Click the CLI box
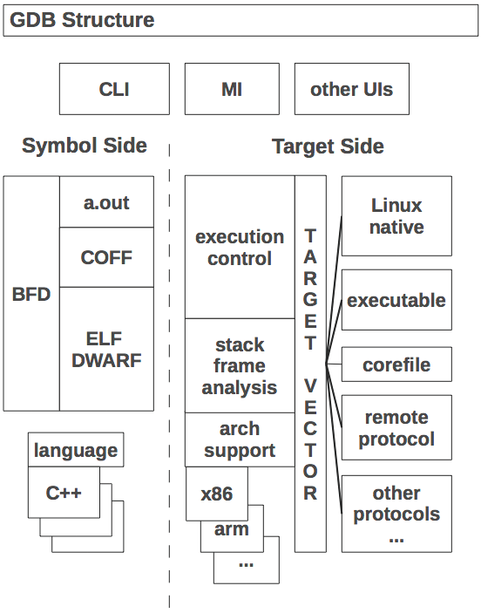(114, 89)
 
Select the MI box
(232, 89)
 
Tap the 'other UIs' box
(352, 89)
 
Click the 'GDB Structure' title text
(82, 20)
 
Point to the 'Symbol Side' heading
(85, 146)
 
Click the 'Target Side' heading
(328, 146)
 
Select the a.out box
(106, 201)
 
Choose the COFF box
(106, 257)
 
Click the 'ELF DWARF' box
(106, 349)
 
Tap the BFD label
(31, 294)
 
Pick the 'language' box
(76, 450)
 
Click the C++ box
(64, 493)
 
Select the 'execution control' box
(240, 247)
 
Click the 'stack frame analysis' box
(240, 365)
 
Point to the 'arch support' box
(240, 439)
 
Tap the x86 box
(217, 494)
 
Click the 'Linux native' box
(396, 215)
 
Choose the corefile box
(396, 364)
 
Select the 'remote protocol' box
(396, 427)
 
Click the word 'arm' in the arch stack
(231, 529)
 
